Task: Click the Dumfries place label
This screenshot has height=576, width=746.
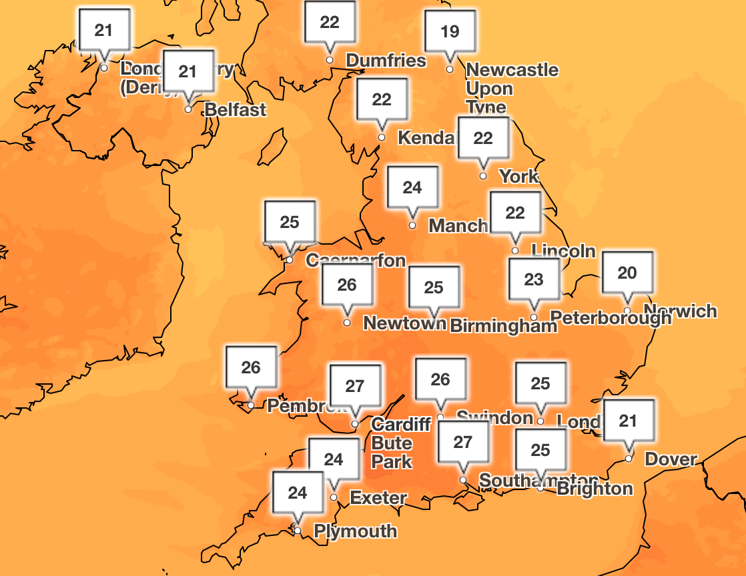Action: tap(386, 61)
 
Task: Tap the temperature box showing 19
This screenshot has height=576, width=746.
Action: tap(450, 32)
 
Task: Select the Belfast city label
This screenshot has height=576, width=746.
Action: tap(236, 110)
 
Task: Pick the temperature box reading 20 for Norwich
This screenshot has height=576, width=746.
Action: tap(627, 273)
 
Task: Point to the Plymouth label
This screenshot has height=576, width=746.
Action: tap(355, 531)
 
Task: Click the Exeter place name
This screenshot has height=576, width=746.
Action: tap(378, 498)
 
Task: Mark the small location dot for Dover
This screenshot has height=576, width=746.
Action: tap(629, 459)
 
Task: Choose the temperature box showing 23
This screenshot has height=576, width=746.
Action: tap(534, 280)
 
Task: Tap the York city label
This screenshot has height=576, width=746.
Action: tap(518, 177)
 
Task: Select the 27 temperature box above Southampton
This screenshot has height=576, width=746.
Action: tap(463, 443)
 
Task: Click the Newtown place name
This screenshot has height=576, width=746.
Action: tap(404, 323)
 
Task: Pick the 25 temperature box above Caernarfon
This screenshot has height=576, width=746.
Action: tap(290, 223)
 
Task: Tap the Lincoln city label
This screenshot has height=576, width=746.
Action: tap(563, 251)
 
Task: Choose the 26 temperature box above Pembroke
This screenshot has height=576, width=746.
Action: tap(251, 368)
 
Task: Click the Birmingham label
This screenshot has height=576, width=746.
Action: tap(503, 326)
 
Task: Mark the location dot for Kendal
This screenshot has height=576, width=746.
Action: tap(382, 138)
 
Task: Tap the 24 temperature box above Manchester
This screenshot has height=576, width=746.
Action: tap(412, 188)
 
